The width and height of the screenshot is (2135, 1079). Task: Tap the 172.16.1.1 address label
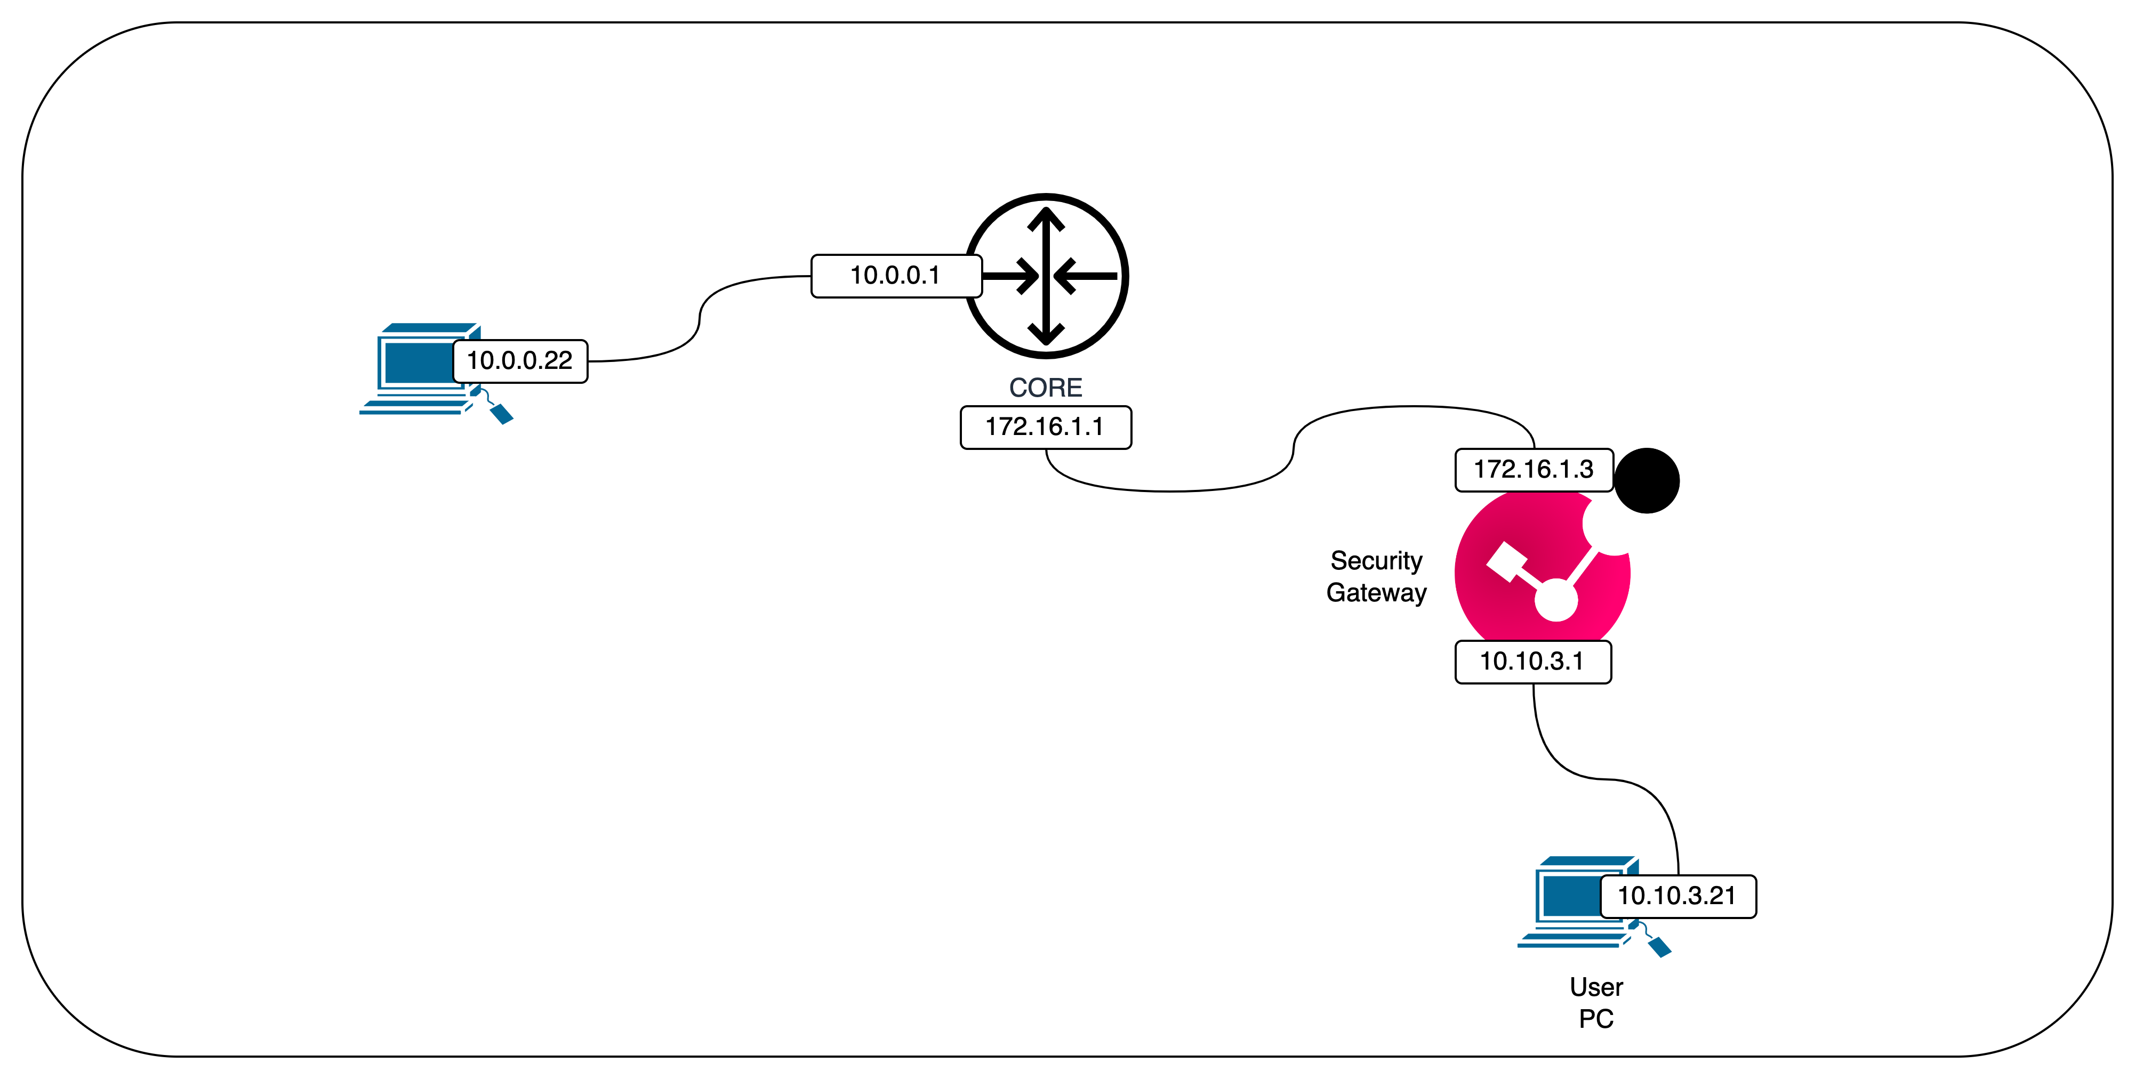tap(1045, 428)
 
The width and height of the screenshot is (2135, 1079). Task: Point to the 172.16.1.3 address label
tap(1534, 470)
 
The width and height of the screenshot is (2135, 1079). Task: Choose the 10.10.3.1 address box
tap(1532, 662)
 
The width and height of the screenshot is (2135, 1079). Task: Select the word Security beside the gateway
tap(1376, 561)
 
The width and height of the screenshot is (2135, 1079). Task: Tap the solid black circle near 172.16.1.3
tap(1647, 481)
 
